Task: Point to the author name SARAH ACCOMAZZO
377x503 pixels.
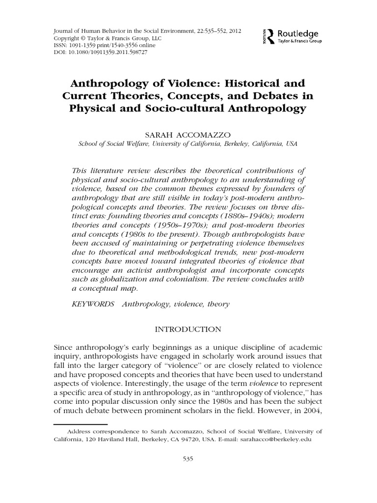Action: [188, 134]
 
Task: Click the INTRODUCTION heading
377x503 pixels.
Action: [188, 329]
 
